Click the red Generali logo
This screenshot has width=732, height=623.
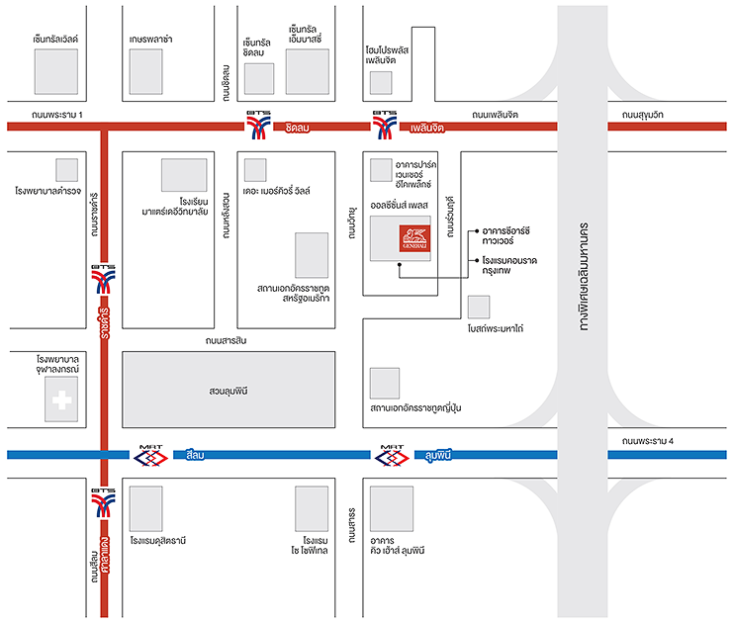[414, 239]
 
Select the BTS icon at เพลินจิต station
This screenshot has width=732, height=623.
[385, 126]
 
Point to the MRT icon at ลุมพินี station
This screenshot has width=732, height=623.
[394, 455]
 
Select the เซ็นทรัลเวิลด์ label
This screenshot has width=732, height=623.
[54, 39]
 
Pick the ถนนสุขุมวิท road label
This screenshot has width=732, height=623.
[644, 115]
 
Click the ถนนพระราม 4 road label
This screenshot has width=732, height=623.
[644, 440]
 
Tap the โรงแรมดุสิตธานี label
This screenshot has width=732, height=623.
[157, 541]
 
